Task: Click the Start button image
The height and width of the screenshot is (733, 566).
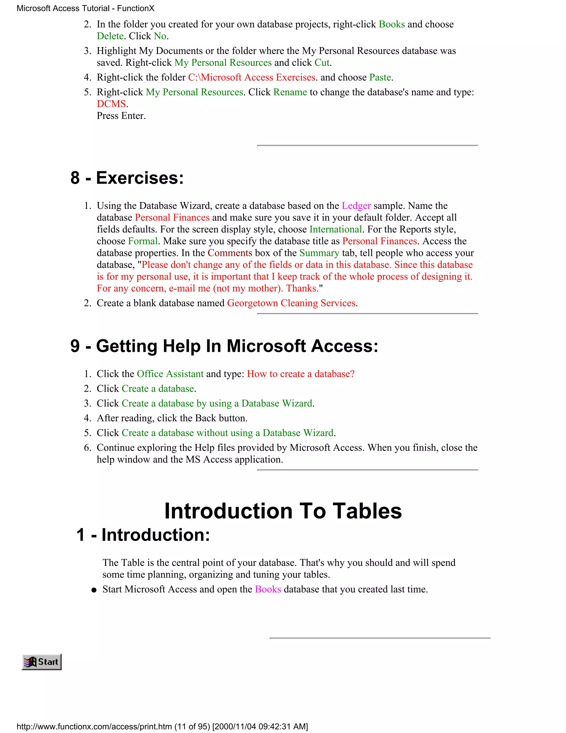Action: pyautogui.click(x=41, y=662)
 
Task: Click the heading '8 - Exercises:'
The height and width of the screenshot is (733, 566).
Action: pyautogui.click(x=127, y=178)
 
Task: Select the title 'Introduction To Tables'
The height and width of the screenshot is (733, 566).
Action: pyautogui.click(x=283, y=511)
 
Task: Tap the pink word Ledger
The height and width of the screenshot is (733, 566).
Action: pyautogui.click(x=356, y=206)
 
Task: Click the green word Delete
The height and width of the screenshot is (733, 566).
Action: pyautogui.click(x=110, y=36)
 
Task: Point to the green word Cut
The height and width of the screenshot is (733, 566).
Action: pyautogui.click(x=322, y=63)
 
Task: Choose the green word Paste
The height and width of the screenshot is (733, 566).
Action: pyautogui.click(x=380, y=77)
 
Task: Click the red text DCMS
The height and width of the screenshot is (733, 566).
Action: pyautogui.click(x=111, y=104)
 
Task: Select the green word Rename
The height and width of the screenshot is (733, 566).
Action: pyautogui.click(x=290, y=92)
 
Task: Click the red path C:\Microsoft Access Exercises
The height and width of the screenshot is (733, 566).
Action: pyautogui.click(x=251, y=77)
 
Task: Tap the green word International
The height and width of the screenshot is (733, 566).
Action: pyautogui.click(x=335, y=230)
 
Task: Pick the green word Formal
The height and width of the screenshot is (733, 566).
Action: pyautogui.click(x=143, y=241)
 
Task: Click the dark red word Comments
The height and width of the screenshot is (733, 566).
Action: pyautogui.click(x=230, y=253)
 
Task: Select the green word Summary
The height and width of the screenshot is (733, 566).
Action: pyautogui.click(x=319, y=253)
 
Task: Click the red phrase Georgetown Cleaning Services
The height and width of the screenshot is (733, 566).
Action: pyautogui.click(x=291, y=303)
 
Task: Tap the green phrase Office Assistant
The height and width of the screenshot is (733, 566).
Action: pyautogui.click(x=170, y=374)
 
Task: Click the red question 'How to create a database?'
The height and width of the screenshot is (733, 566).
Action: pyautogui.click(x=300, y=374)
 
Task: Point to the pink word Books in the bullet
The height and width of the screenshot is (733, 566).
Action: pyautogui.click(x=268, y=589)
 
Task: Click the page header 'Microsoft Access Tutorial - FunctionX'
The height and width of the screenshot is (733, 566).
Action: pyautogui.click(x=85, y=8)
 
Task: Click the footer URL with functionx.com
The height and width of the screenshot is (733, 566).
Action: pyautogui.click(x=162, y=727)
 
